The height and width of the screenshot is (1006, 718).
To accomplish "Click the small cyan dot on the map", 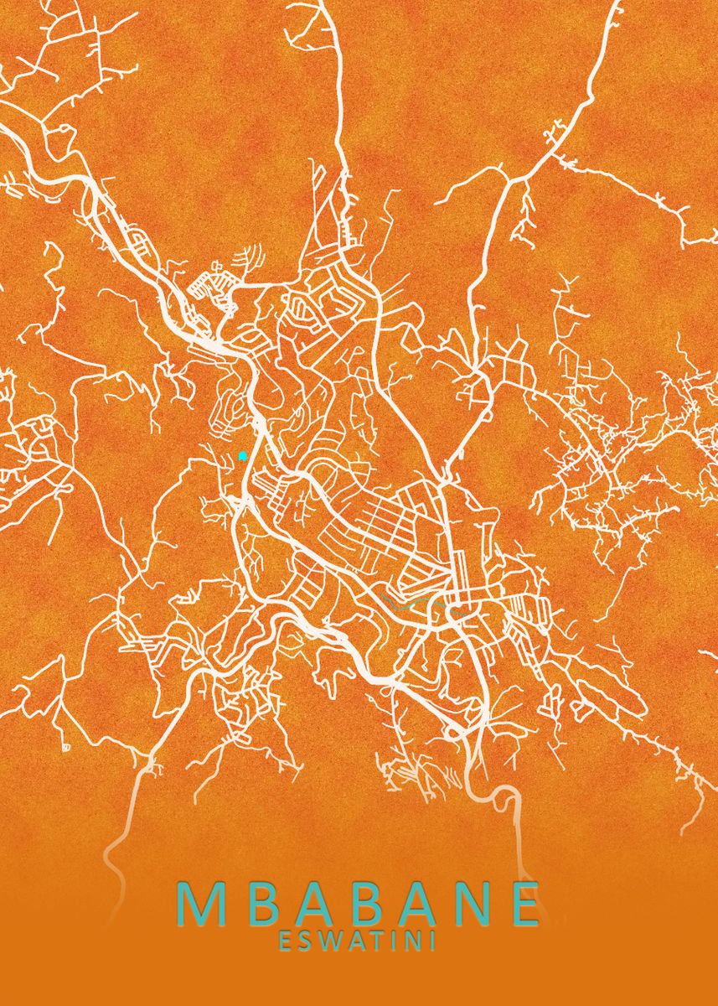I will (x=242, y=456).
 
